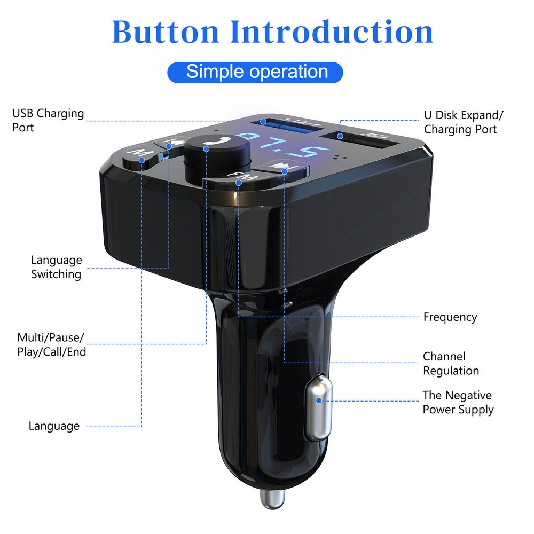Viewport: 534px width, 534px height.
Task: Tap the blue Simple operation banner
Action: [x=256, y=72]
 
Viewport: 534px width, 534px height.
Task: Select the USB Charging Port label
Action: [x=48, y=120]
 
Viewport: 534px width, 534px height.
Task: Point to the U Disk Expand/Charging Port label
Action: [x=464, y=122]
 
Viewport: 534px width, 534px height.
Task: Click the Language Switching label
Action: [x=56, y=267]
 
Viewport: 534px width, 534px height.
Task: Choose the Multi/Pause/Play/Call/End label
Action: [x=51, y=344]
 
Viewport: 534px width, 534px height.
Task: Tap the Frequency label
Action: [x=450, y=317]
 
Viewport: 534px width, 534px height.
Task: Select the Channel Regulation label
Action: [x=451, y=363]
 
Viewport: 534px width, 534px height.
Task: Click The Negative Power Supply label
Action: [x=458, y=402]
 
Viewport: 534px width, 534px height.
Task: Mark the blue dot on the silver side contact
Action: [x=319, y=400]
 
